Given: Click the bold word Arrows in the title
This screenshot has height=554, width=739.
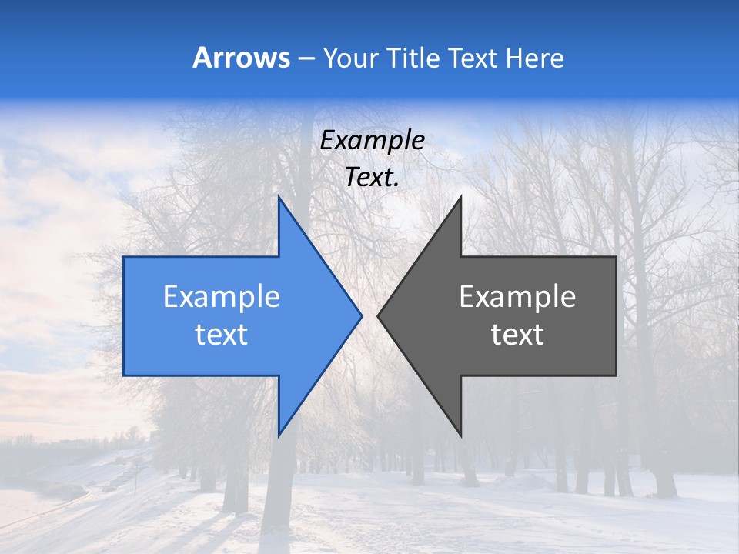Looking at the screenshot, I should [x=242, y=58].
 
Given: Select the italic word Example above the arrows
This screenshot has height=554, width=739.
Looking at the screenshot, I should [x=372, y=141].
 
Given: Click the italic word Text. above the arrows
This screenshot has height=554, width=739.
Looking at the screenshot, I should [x=372, y=178].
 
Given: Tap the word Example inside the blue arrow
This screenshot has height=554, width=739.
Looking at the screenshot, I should [x=222, y=297].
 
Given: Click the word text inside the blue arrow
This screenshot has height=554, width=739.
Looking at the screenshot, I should [x=222, y=335].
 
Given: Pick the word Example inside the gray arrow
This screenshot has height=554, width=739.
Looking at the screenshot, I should [x=517, y=297].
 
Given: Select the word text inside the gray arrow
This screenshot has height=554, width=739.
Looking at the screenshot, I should [x=517, y=335].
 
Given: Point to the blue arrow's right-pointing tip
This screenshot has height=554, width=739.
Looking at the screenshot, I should [x=360, y=315].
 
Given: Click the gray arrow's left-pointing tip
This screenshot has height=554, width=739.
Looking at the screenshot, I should [x=379, y=315].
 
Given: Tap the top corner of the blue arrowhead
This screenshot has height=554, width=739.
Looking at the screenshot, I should [x=279, y=198].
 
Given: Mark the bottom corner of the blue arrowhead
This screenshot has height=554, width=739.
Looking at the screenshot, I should [x=279, y=435].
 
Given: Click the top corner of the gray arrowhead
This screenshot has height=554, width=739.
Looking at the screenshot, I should [x=460, y=198].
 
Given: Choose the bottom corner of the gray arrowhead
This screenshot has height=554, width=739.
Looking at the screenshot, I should [x=460, y=435].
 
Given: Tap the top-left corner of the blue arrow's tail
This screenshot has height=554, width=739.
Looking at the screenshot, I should [x=124, y=257].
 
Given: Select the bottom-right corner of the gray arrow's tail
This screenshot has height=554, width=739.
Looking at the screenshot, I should [x=616, y=375].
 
